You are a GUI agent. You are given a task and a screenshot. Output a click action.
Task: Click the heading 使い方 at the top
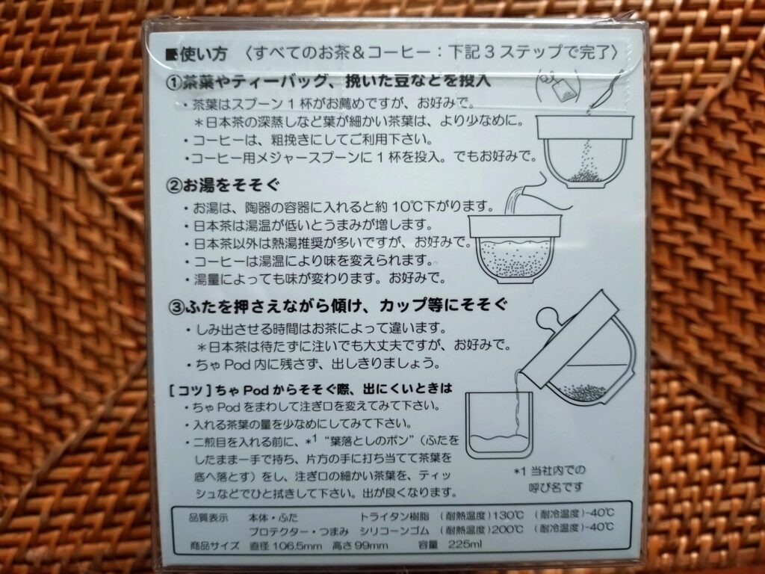point(203,54)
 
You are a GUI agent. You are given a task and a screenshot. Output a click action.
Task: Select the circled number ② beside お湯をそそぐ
point(174,186)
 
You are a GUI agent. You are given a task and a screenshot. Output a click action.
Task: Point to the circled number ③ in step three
point(176,307)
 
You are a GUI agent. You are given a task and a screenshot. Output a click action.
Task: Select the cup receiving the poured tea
point(498,425)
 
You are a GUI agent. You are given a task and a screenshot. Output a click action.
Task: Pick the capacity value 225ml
point(465,544)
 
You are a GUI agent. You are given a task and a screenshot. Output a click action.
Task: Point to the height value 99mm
point(372,545)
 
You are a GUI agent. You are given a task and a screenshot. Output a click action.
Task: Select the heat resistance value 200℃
point(507,529)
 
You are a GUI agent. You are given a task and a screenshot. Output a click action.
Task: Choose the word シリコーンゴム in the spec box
point(395,530)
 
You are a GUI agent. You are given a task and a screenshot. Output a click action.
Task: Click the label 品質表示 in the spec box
point(208,517)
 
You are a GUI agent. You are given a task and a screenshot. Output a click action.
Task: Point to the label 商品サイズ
point(214,545)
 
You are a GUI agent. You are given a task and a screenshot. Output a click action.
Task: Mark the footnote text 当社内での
point(558,471)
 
